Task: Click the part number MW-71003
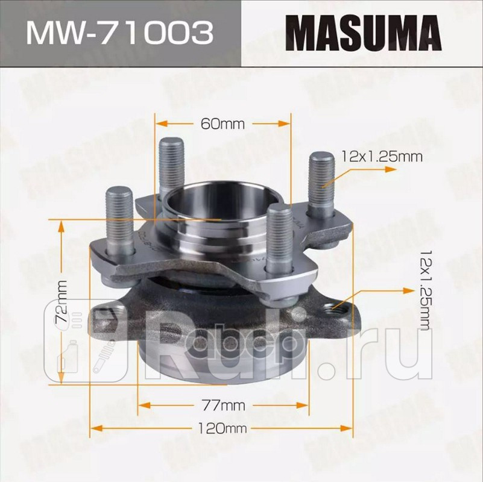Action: (118, 33)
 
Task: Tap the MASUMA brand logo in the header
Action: (362, 34)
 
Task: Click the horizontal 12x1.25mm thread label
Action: (380, 157)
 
